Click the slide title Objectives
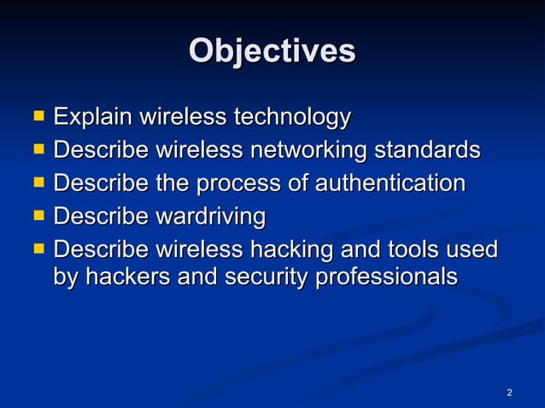272,51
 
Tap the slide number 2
509,393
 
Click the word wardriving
208,217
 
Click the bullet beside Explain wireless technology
38,114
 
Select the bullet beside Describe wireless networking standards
38,149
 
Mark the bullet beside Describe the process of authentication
38,182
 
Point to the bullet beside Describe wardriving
38,215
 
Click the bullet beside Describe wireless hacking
38,249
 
